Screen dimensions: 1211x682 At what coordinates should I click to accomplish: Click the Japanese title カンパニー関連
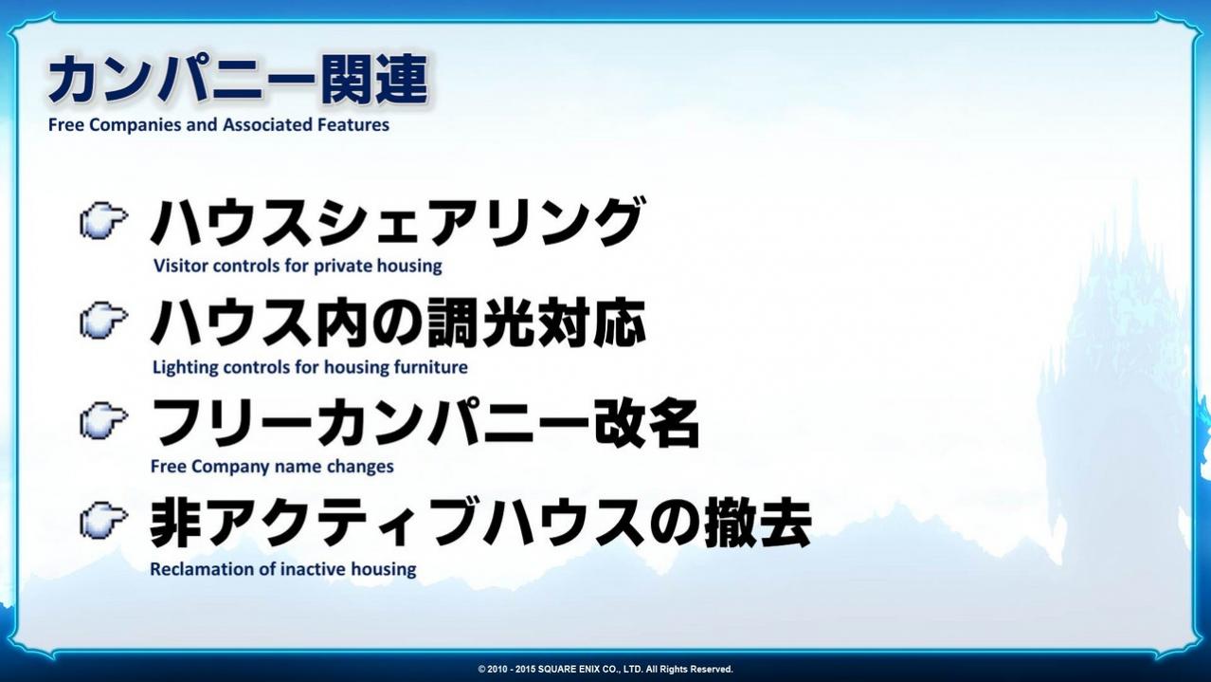(239, 79)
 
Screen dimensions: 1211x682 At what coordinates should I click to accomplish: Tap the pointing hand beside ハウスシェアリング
(104, 220)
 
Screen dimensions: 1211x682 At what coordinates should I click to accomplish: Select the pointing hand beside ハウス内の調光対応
(104, 321)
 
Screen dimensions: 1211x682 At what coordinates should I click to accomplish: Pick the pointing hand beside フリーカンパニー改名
(104, 420)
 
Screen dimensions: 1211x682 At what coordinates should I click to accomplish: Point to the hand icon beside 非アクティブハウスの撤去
(104, 521)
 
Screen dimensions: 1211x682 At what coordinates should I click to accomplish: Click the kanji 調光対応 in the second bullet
(536, 323)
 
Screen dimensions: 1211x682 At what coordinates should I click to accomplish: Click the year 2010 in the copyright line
(497, 670)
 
